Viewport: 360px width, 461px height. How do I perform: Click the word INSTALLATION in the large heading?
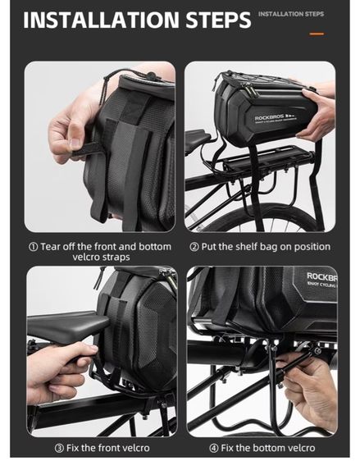point(101,20)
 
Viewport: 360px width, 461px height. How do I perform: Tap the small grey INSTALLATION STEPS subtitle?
point(291,14)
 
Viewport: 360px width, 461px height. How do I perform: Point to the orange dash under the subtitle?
point(317,34)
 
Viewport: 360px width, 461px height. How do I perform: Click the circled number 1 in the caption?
point(33,247)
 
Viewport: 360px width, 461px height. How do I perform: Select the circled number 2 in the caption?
point(194,247)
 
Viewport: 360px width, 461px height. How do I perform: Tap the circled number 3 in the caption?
point(59,449)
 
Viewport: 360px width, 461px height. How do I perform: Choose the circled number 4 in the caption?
point(214,449)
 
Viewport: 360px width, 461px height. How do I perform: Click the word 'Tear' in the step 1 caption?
point(50,246)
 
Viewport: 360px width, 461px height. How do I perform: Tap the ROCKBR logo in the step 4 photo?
point(321,276)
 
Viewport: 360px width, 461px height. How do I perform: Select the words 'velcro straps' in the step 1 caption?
point(101,258)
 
